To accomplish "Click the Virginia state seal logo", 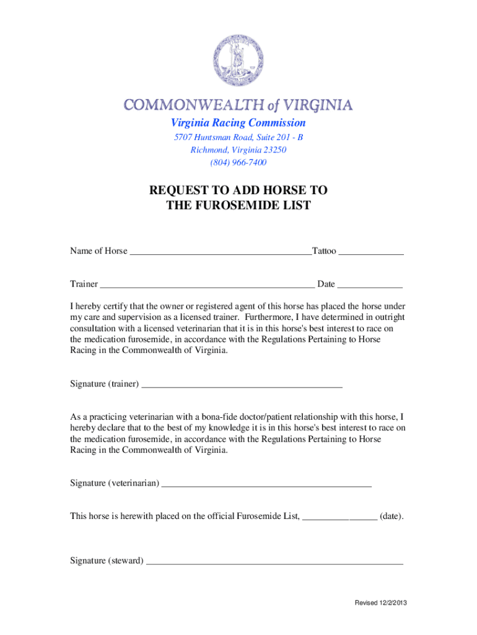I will (x=239, y=60).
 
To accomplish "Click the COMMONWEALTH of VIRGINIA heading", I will (x=239, y=104).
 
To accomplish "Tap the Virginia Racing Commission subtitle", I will (x=239, y=123).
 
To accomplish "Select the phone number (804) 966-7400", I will (x=239, y=162).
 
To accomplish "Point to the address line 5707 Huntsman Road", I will (x=239, y=137).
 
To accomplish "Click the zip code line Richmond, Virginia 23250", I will (x=239, y=150).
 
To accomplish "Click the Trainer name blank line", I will (x=207, y=285).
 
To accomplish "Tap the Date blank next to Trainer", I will (x=370, y=285).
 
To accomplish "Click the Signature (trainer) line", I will (x=242, y=385).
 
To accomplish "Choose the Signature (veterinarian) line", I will (x=266, y=484).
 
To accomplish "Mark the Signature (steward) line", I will (x=274, y=562).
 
